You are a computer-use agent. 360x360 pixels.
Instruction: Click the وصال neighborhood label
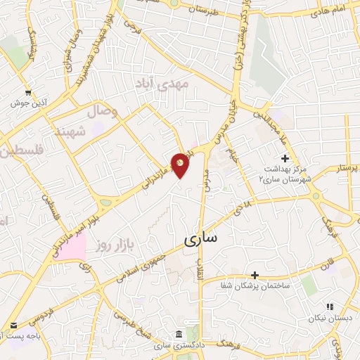tap(102, 111)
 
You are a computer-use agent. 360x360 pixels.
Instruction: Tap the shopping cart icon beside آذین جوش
tap(28, 92)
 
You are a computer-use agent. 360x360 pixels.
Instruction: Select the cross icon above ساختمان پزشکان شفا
tap(255, 274)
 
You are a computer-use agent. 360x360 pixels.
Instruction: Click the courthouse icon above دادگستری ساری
tap(178, 333)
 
